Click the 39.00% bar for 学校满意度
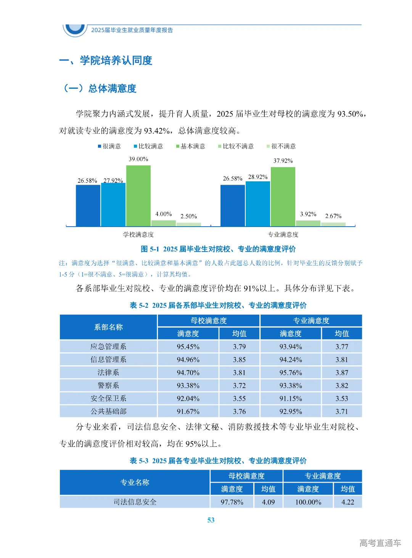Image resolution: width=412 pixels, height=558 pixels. pos(138,196)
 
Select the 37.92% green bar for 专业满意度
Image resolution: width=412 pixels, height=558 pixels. pos(283,197)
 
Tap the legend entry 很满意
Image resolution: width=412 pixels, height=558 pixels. pos(109,146)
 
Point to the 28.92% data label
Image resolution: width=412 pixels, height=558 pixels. pos(258,177)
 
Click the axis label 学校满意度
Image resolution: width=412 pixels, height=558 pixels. pos(138,235)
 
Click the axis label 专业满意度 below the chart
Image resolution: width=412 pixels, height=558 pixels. pos(283,235)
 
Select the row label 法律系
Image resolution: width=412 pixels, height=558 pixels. pos(108,373)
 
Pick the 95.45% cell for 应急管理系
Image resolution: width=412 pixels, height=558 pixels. pos(188,347)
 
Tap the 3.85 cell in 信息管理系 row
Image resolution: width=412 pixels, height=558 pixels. pos(239,360)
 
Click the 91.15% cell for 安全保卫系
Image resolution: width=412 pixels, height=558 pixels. pos(290,398)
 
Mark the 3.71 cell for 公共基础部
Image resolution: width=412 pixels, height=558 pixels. pos(341,411)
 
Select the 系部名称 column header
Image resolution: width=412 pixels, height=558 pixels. pos(108,327)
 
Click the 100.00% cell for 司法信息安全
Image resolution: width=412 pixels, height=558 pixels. pos(308,502)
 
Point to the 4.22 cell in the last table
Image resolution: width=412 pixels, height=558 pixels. pos(348,502)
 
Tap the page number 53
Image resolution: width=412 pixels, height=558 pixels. pos(211,520)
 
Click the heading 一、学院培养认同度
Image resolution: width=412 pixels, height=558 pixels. pos(106,61)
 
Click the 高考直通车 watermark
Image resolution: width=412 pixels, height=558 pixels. pos(380,543)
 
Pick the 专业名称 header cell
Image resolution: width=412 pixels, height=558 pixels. pos(135,483)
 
